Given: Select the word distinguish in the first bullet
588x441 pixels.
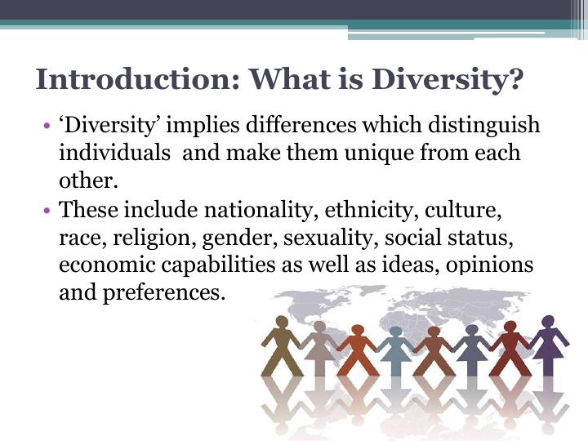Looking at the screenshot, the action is point(484,126).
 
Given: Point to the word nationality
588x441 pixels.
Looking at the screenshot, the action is point(258,211).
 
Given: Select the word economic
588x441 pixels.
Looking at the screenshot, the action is point(107,265).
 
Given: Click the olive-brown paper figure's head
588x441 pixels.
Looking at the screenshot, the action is point(282,322).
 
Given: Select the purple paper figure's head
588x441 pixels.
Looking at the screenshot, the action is point(548,321).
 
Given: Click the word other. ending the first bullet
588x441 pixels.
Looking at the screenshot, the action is point(88,181).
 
